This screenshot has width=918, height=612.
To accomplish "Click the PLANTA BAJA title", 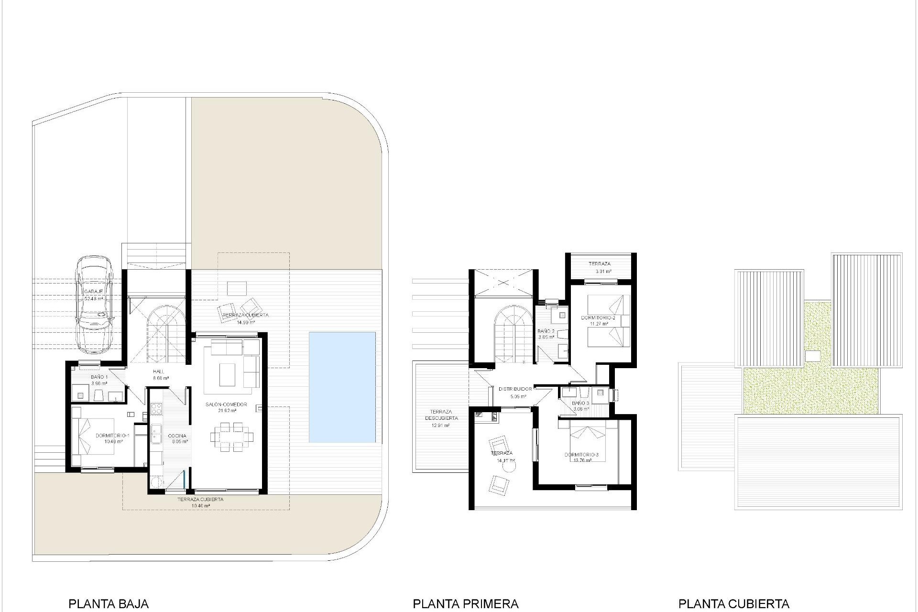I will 109,604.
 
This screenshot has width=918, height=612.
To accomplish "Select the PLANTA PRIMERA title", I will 465,604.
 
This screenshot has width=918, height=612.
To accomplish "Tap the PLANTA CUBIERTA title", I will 733,604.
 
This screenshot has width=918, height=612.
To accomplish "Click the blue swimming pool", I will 342,387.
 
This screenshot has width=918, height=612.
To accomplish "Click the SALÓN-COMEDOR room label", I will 226,404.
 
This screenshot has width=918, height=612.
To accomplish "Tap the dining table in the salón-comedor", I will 232,436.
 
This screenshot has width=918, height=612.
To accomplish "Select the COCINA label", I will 177,436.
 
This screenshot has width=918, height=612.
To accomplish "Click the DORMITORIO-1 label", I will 113,436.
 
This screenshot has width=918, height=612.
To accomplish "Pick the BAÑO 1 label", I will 99,377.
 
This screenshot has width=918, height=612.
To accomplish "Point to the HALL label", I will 159,372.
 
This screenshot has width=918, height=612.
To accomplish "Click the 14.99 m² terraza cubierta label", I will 245,316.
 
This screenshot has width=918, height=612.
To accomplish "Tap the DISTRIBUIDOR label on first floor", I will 515,389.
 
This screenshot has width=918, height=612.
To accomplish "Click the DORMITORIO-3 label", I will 581,455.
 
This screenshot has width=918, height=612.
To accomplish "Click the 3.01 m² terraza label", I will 599,264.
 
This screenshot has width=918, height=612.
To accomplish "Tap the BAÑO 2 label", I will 546,331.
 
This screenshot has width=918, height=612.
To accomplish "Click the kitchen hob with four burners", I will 156,409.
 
